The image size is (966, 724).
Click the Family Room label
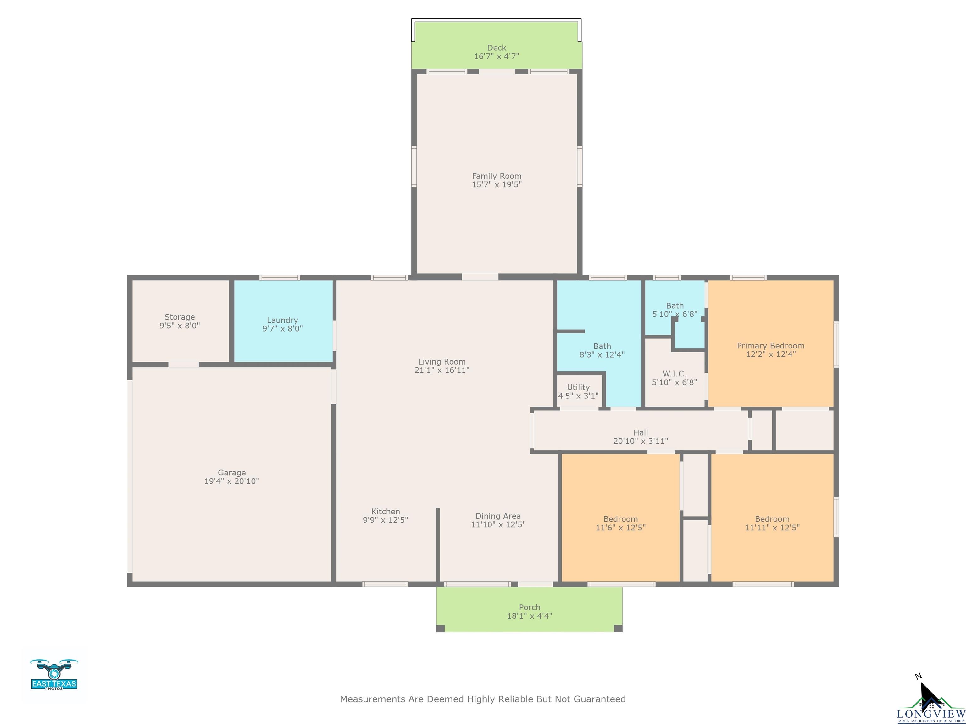tap(497, 176)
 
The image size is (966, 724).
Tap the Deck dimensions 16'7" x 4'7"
tap(497, 56)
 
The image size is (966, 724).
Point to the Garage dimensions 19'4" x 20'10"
tap(231, 481)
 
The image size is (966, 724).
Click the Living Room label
tap(442, 362)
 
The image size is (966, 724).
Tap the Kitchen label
tap(386, 512)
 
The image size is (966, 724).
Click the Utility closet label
tap(578, 387)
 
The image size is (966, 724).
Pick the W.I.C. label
tap(674, 374)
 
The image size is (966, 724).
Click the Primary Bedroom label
tap(771, 346)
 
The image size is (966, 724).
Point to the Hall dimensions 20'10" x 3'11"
tap(641, 441)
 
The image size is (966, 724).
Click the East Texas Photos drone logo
tap(54, 674)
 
